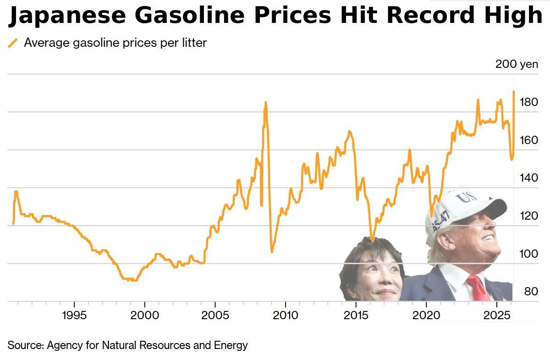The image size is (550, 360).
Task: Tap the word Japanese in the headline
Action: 67,17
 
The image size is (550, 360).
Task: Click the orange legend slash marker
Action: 13,43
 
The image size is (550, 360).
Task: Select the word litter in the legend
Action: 192,43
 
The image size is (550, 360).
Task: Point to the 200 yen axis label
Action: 517,64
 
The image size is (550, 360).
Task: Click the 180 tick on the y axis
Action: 529,102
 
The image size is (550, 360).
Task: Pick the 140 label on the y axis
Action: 529,177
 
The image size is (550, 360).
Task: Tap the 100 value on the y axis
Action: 529,253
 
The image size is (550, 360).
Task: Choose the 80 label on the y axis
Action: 530,291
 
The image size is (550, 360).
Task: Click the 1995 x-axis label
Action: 74,316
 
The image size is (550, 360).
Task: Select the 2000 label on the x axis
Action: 145,316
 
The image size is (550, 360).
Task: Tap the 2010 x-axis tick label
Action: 286,316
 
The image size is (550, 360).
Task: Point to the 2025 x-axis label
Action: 497,316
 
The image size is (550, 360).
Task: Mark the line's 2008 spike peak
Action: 265,103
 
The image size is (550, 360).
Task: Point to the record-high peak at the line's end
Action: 514,91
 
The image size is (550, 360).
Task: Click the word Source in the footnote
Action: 25,345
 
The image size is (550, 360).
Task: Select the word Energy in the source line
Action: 231,345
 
